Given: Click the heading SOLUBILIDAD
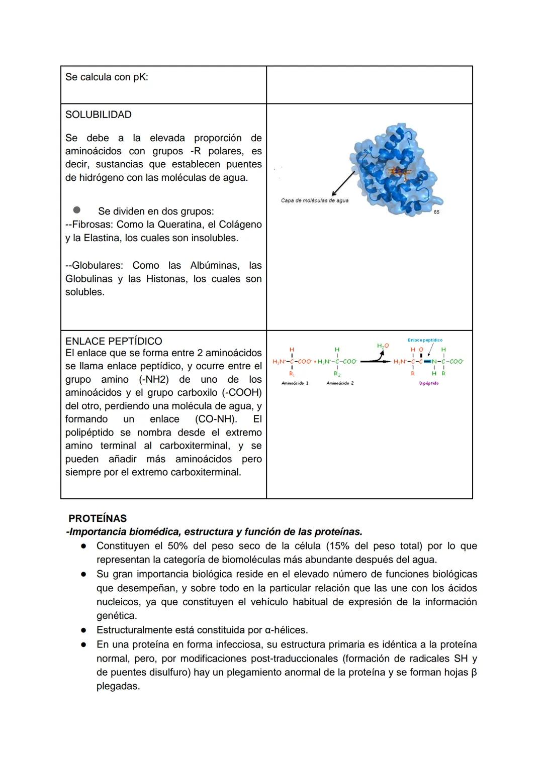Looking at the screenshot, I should tap(99, 115).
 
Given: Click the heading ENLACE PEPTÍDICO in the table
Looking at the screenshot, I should tap(114, 341).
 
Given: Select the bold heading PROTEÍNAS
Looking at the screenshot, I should tap(98, 518).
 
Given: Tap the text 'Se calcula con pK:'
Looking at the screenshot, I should tap(107, 77).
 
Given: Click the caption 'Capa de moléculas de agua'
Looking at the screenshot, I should tap(314, 200).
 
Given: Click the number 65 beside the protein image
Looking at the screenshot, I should tap(436, 212).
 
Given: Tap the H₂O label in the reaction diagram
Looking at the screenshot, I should tap(383, 346).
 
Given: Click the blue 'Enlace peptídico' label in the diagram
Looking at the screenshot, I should tap(425, 340).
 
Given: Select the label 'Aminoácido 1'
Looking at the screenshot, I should tap(295, 383).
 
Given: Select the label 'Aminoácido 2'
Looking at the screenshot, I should tap(340, 383).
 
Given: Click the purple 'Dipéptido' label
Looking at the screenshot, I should tap(429, 383).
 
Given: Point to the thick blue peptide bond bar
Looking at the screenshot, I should tap(427, 361).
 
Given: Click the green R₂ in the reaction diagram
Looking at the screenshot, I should tap(337, 374).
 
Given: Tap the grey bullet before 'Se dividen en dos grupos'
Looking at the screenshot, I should tap(77, 210).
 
